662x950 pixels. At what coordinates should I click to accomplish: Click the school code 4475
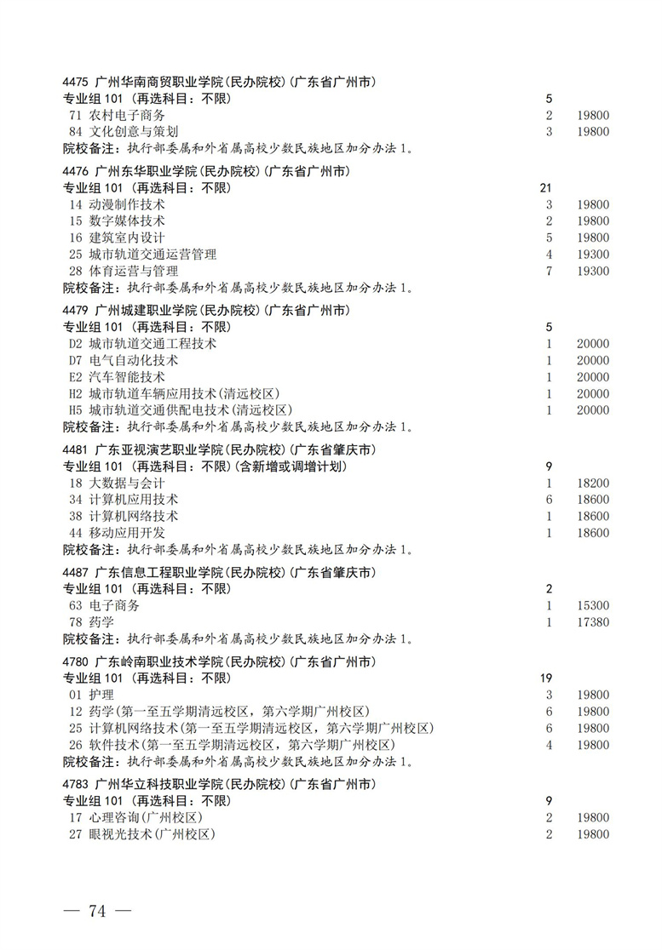point(77,83)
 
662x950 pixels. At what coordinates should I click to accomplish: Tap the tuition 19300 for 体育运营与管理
point(592,271)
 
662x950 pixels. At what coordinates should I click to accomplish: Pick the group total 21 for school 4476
point(547,187)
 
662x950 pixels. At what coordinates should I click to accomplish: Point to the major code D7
point(76,361)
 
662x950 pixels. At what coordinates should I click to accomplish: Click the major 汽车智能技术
point(127,377)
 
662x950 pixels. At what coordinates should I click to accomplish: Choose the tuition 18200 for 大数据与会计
point(592,483)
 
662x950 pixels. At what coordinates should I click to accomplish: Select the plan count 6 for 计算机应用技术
point(550,500)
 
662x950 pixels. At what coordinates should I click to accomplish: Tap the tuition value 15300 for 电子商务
point(592,605)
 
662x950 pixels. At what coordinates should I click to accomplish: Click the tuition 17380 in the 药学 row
point(592,622)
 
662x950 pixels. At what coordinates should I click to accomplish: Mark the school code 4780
point(77,661)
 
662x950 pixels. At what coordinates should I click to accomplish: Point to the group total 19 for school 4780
point(547,678)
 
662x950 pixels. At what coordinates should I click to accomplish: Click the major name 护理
point(101,695)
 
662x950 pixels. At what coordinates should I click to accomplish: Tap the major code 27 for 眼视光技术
point(75,834)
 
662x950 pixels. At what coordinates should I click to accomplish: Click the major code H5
point(76,410)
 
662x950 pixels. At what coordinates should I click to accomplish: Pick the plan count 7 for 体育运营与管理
point(550,271)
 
